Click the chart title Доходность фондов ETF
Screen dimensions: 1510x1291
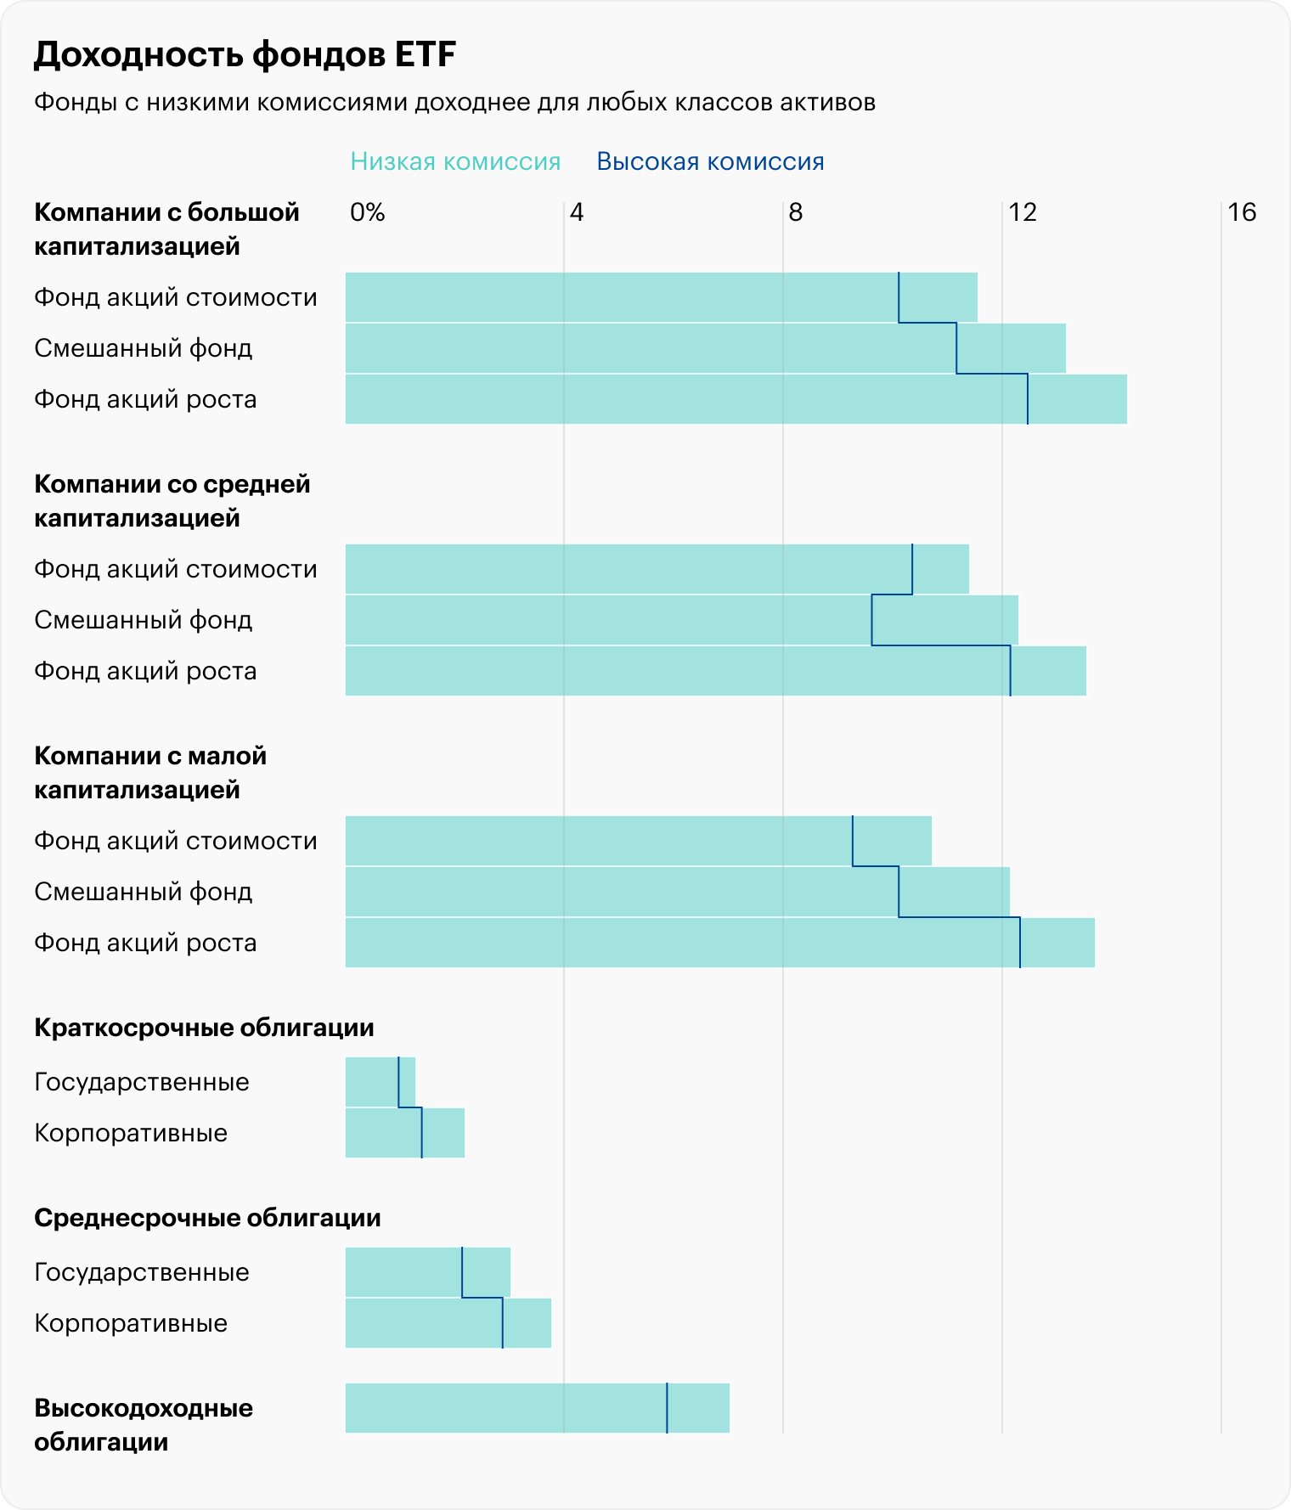pos(245,55)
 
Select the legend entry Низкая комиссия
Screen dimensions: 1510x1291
pos(455,161)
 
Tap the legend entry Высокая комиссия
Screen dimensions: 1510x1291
pos(710,161)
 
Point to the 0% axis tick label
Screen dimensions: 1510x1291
pos(367,212)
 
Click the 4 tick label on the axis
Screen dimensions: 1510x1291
pos(577,212)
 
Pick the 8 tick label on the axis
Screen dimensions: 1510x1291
pos(795,212)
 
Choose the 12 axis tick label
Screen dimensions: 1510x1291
pos(1023,212)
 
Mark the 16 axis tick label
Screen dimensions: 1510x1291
pos(1242,212)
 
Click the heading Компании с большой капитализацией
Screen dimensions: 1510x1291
pos(166,229)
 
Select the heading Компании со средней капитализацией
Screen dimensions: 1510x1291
pos(172,501)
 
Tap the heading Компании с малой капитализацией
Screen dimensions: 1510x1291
pos(149,773)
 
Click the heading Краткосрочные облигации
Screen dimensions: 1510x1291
pos(204,1028)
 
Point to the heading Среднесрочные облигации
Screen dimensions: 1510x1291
pos(207,1218)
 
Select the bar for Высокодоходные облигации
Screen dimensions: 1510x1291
pos(537,1408)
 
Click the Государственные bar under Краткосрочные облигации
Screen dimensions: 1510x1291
pos(380,1082)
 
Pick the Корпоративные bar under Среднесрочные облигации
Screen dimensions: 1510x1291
pos(448,1323)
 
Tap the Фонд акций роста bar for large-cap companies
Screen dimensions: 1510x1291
pos(736,399)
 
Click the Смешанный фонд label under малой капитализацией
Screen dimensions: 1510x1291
pos(144,892)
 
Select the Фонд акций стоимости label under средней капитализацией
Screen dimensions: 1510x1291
pos(176,569)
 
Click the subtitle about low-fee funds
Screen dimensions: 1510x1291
pos(454,103)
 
